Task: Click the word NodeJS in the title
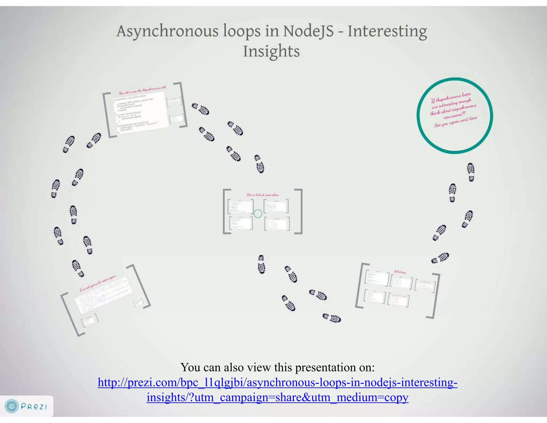(x=308, y=31)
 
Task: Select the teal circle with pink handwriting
(x=455, y=116)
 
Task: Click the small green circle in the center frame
(x=258, y=214)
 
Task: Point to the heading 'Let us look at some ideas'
(x=263, y=195)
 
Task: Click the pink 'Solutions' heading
(x=400, y=272)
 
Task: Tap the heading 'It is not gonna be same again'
(x=98, y=283)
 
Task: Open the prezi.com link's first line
(x=277, y=382)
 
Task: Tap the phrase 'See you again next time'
(x=455, y=122)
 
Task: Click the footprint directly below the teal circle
(x=471, y=172)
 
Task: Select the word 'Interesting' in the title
(x=387, y=31)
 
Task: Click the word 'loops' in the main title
(x=242, y=31)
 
